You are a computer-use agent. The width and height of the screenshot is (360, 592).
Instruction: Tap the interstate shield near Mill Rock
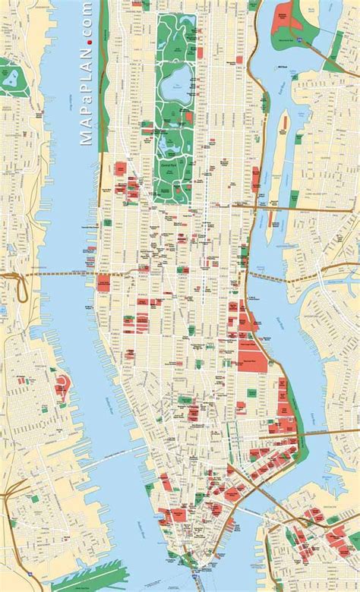pos(299,36)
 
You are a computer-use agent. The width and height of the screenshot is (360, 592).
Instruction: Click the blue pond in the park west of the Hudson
pos(13,77)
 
